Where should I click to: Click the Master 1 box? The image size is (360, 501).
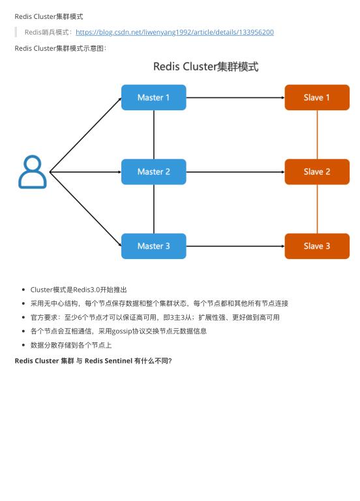coord(153,97)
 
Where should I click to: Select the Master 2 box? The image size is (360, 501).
coord(153,172)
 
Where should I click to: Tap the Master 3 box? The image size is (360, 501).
coord(153,246)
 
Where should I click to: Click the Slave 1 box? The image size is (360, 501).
coord(317,97)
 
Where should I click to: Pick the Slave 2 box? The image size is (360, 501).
coord(317,172)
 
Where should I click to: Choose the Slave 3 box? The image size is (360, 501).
coord(317,246)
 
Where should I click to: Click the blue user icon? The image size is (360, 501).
coord(33,172)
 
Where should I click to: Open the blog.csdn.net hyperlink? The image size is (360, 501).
coord(174,32)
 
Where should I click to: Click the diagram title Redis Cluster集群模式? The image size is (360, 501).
coord(205,67)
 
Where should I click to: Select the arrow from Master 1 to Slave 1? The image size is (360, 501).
coord(235,97)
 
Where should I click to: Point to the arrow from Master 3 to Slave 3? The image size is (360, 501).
coord(235,246)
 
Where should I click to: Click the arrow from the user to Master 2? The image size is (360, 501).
coord(85,172)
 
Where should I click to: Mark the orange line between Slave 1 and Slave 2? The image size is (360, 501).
coord(317,134)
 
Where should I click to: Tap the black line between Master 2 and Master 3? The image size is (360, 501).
coord(154,209)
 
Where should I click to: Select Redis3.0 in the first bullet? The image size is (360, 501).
coord(86,290)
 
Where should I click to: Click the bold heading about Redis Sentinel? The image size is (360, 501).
coord(93,361)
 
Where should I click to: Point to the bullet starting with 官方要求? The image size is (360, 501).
coord(155,317)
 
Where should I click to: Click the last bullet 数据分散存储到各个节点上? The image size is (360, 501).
coord(71,344)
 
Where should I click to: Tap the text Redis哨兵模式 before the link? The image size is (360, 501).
coord(48,32)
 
